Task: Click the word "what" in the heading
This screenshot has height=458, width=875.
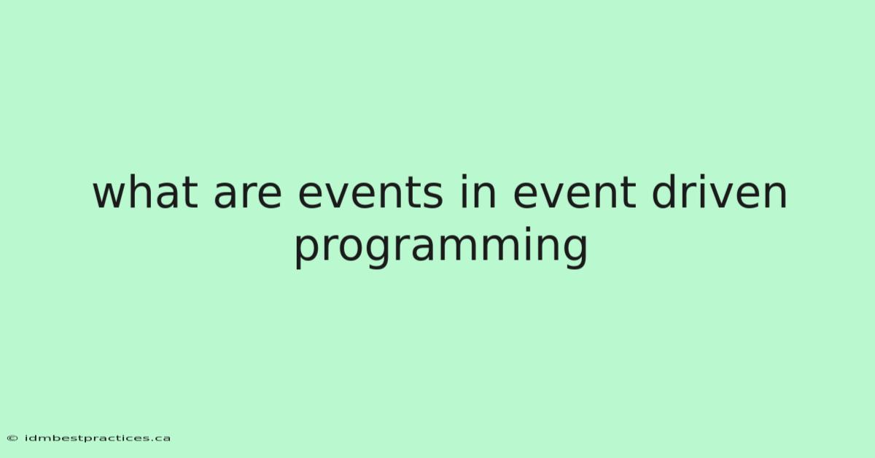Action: (x=145, y=193)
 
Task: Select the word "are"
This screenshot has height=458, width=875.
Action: (x=248, y=196)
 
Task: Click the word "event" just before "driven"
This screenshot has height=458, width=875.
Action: (x=575, y=193)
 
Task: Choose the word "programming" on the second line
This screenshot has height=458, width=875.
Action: (x=441, y=247)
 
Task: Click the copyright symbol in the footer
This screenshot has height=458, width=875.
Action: (x=12, y=438)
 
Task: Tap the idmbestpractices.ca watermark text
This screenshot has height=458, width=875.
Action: (x=97, y=438)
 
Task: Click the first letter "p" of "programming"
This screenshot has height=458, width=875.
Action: (x=308, y=253)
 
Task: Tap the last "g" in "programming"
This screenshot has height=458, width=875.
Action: (x=575, y=253)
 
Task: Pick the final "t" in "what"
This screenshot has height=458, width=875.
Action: (x=190, y=193)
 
